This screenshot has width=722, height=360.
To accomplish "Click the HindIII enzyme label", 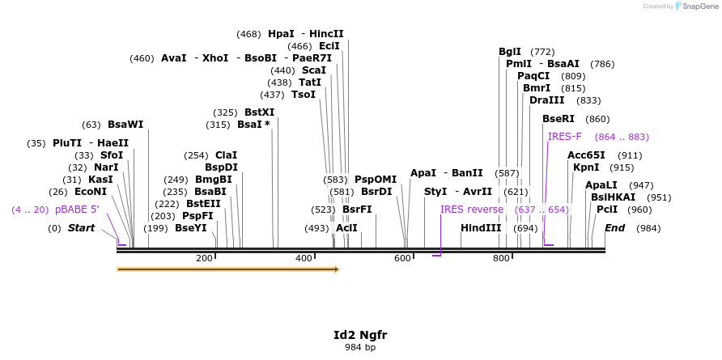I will click(x=481, y=228).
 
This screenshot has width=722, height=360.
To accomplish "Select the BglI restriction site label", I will click(x=510, y=52).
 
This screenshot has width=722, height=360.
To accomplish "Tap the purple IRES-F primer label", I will click(x=565, y=137).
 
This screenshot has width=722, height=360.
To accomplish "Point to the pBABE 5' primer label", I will click(x=77, y=210).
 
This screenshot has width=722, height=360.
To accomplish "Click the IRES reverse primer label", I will click(x=472, y=210).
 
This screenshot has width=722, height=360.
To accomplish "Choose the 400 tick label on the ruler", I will click(x=304, y=258).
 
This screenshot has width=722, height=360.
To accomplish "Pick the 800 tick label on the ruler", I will click(x=502, y=258).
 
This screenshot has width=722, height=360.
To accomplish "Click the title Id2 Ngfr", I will click(x=360, y=335).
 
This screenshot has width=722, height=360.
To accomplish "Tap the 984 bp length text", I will click(x=360, y=348).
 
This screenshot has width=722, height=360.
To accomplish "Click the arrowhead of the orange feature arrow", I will click(x=335, y=269).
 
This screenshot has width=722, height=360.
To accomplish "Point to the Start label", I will click(x=81, y=228).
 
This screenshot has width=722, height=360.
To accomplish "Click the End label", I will click(x=615, y=228).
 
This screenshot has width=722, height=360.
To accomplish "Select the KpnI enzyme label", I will click(x=586, y=167).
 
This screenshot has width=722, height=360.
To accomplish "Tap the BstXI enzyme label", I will click(x=260, y=112).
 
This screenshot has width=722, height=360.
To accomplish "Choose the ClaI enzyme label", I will click(x=227, y=155).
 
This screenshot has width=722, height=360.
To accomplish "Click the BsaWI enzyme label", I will click(x=125, y=125).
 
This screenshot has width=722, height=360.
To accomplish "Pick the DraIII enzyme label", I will click(x=546, y=100).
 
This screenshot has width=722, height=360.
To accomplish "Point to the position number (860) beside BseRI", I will click(x=597, y=119).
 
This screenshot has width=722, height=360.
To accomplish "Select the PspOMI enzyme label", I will click(x=376, y=180).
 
